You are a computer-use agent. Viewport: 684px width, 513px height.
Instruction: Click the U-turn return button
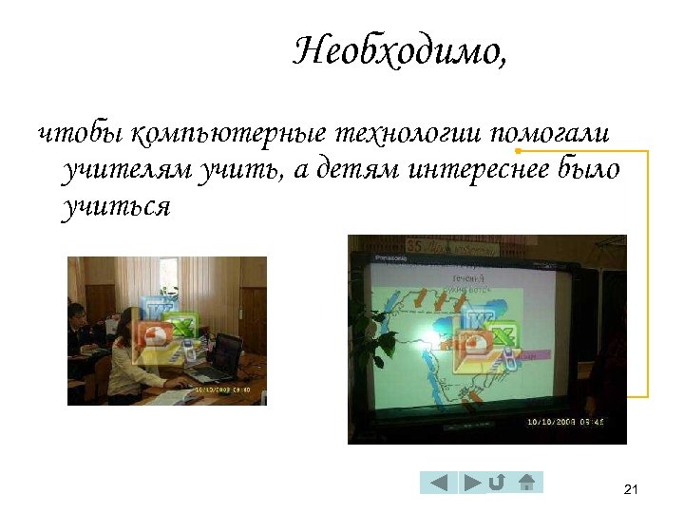(496, 483)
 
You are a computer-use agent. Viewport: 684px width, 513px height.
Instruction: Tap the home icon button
(528, 483)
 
